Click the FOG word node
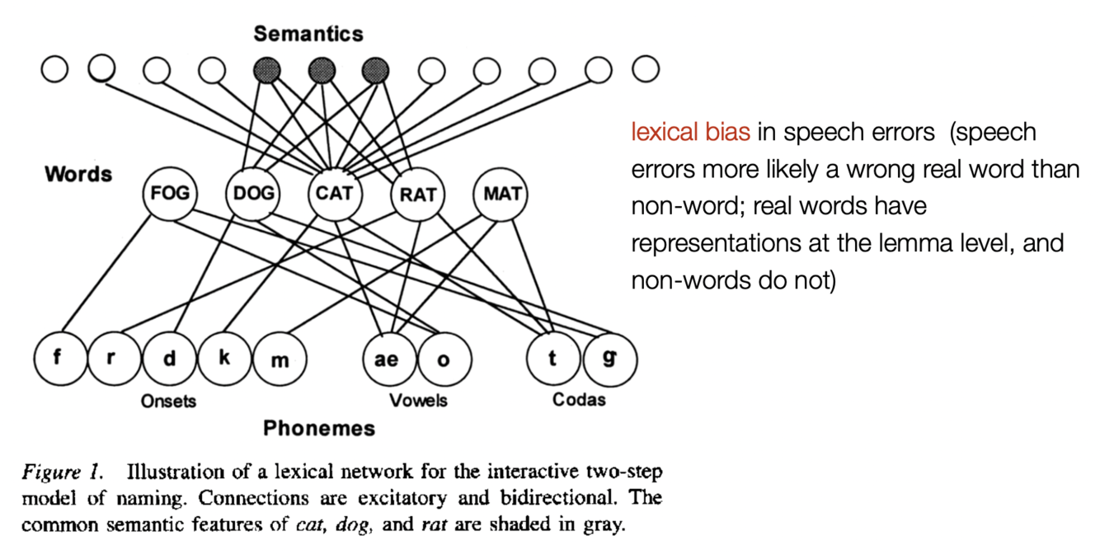tap(170, 195)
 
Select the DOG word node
tap(252, 195)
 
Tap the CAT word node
tap(334, 195)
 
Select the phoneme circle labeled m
tap(280, 359)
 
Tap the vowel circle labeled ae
tap(387, 359)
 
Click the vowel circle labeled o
tap(444, 359)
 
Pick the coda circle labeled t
tap(552, 359)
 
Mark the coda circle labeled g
tap(609, 359)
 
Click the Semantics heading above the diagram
tap(308, 34)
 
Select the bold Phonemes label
tap(319, 429)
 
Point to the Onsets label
tap(168, 401)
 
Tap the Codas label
tap(579, 400)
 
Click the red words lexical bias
tap(690, 132)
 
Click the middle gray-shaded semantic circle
tap(321, 70)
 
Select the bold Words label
tap(78, 174)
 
